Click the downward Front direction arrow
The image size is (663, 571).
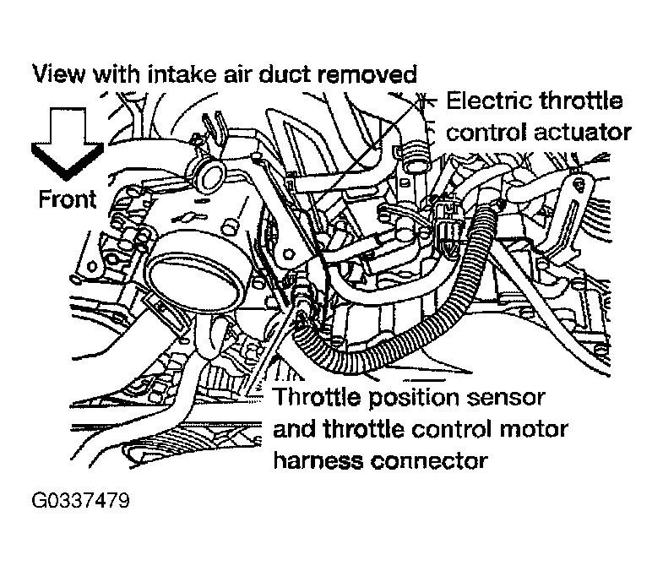[66, 140]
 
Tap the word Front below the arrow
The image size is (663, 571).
[68, 198]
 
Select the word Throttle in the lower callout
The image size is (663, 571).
[312, 397]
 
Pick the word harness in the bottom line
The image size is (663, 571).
[317, 460]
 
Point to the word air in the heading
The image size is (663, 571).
[229, 75]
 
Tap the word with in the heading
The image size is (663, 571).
[111, 75]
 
